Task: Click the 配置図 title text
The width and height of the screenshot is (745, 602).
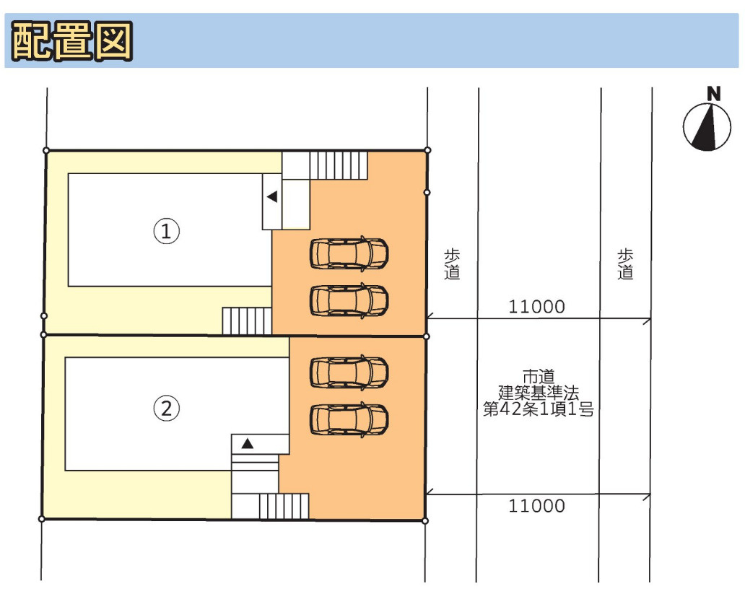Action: [x=72, y=40]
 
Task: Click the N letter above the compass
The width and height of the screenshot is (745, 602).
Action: [x=713, y=93]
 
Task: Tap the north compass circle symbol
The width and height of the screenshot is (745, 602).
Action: [x=707, y=127]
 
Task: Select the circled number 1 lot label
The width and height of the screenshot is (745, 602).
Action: [x=166, y=232]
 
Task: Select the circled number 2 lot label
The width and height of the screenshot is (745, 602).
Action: [x=166, y=409]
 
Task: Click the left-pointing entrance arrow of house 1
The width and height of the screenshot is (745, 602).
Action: [x=271, y=196]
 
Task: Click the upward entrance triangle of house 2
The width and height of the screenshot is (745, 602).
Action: [x=248, y=444]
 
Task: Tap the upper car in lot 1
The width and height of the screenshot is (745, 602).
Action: [x=349, y=253]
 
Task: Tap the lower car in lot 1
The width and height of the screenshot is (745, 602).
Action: [x=349, y=300]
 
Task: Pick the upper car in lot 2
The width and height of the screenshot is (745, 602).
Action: [x=349, y=371]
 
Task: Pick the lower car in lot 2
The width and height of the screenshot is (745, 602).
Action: [x=349, y=419]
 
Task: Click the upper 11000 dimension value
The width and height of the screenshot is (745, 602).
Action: [x=536, y=307]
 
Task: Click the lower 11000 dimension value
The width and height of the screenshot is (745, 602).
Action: [x=536, y=505]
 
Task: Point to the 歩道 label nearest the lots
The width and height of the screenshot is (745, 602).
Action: [x=452, y=264]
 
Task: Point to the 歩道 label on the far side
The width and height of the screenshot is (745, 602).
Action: [x=625, y=264]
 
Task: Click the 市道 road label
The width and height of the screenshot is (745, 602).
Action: [x=539, y=376]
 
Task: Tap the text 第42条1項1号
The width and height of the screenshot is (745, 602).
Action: [x=539, y=410]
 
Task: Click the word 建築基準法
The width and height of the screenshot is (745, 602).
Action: [x=539, y=393]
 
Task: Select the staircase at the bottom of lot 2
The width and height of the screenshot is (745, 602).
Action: [x=284, y=506]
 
